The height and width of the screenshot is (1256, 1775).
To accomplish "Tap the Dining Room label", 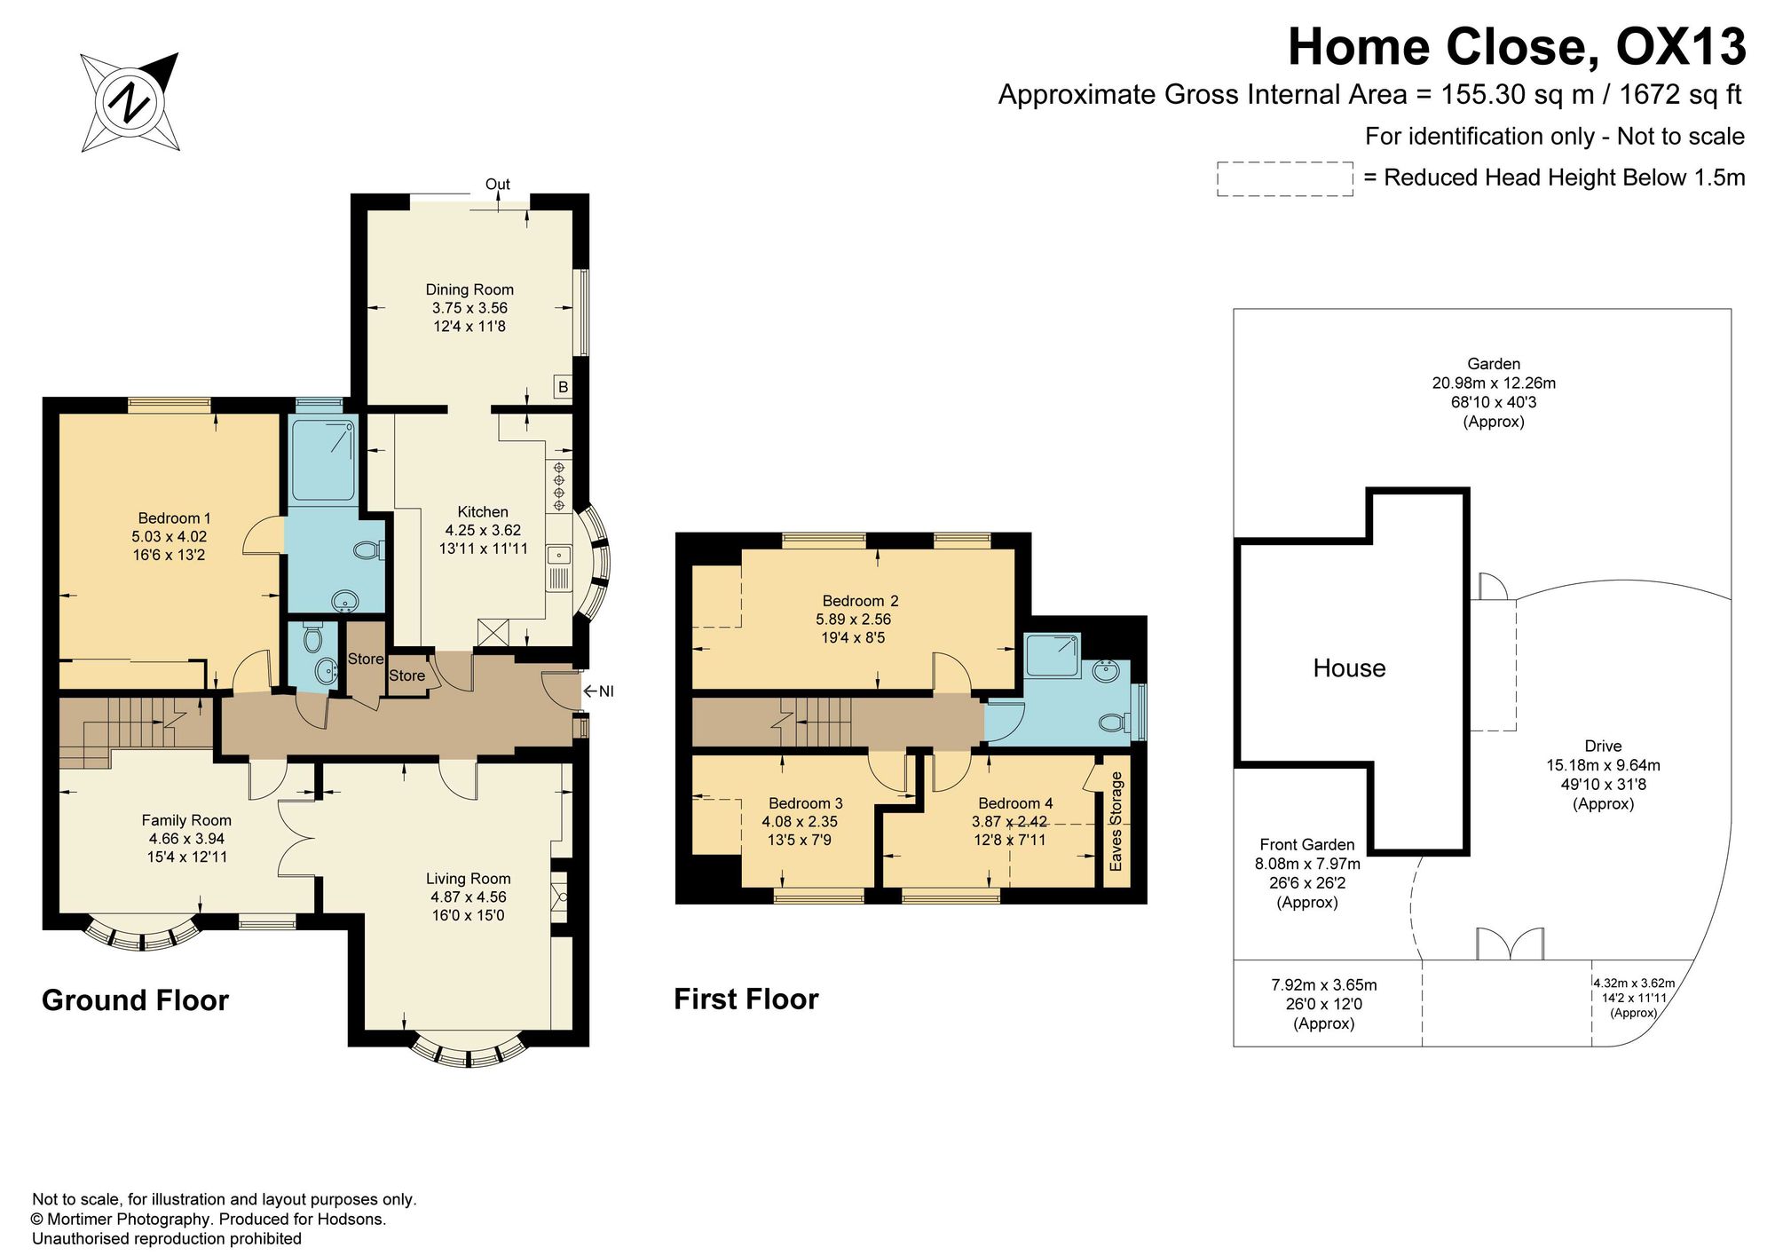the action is coord(469,289).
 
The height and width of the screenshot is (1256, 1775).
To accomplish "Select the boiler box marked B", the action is coord(563,387).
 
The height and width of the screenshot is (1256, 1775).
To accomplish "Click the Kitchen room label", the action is coord(483,512).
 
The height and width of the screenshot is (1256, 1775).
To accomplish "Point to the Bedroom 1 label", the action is coord(174,518).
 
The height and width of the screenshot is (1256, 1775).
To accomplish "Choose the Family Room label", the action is coord(186,821).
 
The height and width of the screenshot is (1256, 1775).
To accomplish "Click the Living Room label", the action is coord(468,879).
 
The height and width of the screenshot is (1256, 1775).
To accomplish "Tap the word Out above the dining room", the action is coord(498,185).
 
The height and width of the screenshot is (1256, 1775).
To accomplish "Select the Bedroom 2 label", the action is coord(860,601).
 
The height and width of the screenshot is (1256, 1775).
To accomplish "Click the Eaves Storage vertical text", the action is coord(1116,821).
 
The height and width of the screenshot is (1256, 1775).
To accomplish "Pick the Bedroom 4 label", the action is coord(1015,803).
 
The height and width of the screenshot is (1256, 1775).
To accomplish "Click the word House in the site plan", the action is coord(1349,668).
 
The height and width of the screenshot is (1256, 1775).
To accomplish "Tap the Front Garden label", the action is coord(1307,845).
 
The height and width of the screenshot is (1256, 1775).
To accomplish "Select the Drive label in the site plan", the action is coord(1603,746).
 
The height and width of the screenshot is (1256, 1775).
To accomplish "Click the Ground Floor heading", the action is coord(135,1001).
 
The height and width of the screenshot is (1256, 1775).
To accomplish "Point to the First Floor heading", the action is coord(746,999).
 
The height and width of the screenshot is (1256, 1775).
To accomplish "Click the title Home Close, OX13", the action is coord(1517,47).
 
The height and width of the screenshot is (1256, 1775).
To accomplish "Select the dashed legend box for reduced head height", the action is coord(1284,178).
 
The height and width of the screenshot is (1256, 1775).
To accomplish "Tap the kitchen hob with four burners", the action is coord(559,486).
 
